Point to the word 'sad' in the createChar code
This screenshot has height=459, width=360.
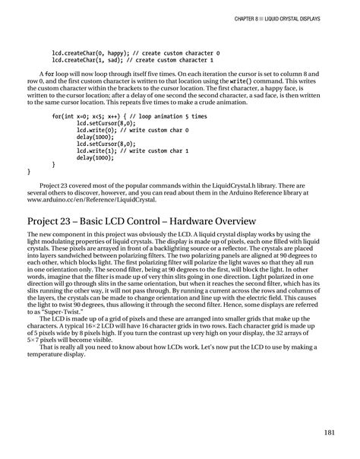(x=112, y=59)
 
